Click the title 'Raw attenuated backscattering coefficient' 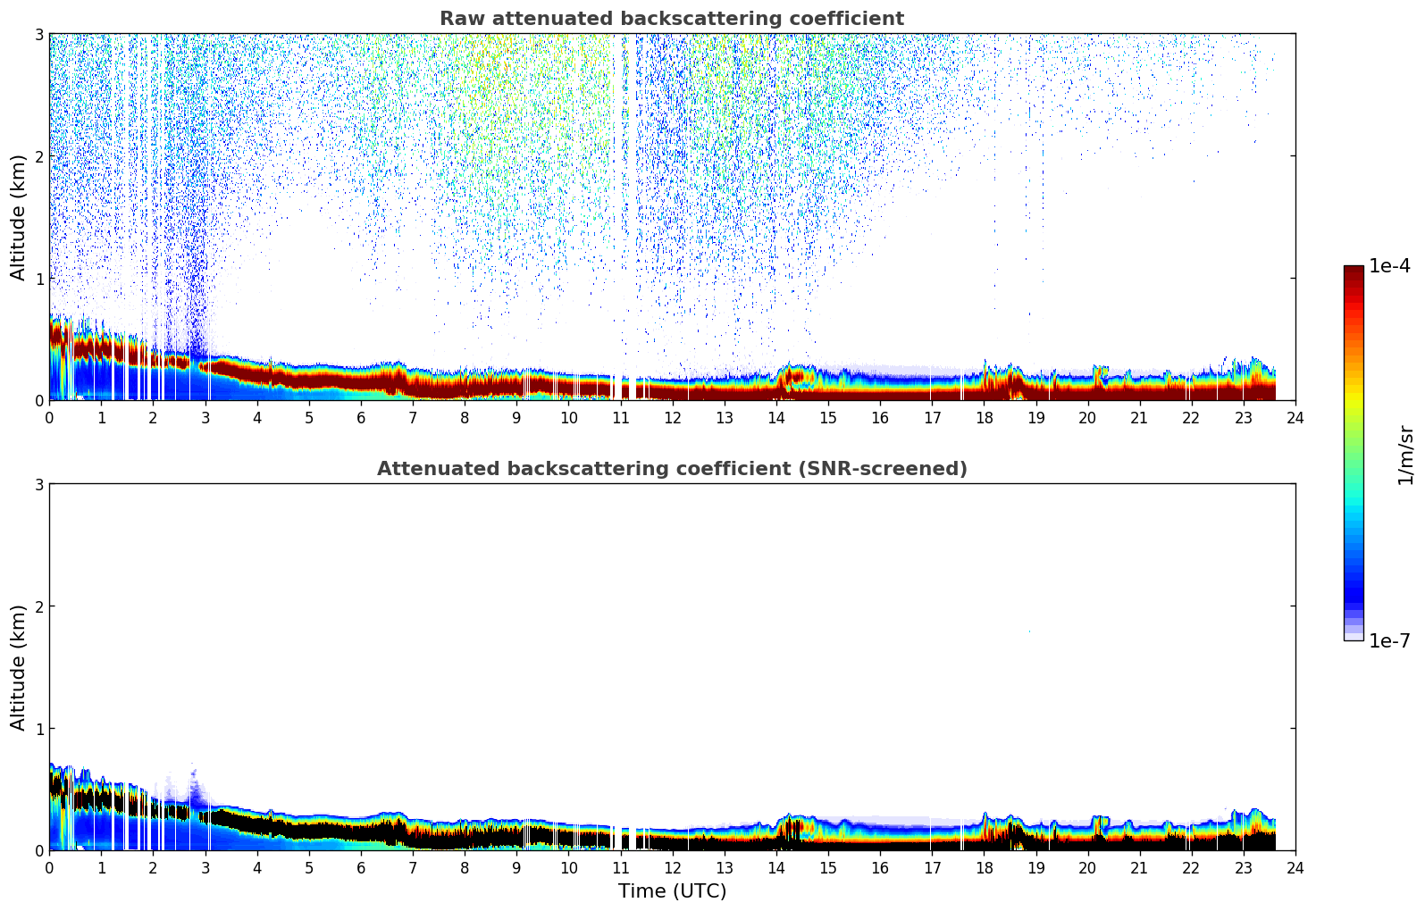pos(671,19)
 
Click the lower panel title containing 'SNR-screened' pos(671,469)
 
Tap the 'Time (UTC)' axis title pos(672,891)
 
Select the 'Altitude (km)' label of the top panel pos(19,217)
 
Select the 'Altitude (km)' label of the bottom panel pos(19,667)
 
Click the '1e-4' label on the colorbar pos(1389,266)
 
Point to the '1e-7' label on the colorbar pos(1389,640)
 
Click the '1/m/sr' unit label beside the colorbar pos(1405,455)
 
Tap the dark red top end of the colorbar pos(1354,270)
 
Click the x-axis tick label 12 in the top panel pos(673,417)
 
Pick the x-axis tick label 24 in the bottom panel pos(1295,867)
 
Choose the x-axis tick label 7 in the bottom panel pos(413,867)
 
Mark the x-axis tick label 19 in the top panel pos(1036,417)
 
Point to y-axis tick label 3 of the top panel pos(39,34)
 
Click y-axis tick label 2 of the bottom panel pos(39,606)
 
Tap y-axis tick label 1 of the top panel pos(39,279)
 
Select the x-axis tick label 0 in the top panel pos(49,417)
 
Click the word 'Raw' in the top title pos(457,19)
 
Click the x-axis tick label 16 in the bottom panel pos(880,867)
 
